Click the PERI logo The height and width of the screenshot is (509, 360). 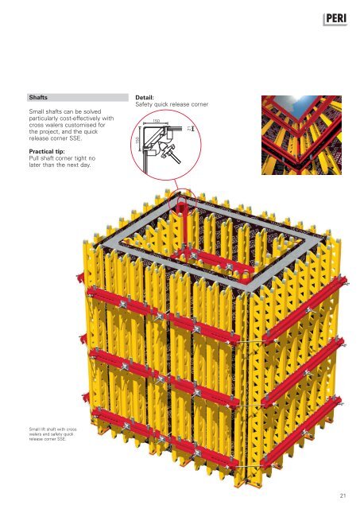pos(335,19)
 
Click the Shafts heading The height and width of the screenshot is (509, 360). pos(38,97)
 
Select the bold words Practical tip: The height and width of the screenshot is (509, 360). pos(47,152)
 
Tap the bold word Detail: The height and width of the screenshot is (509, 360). pos(145,97)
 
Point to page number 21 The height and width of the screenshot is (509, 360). pos(343,495)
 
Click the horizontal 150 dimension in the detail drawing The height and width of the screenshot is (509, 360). pos(156,122)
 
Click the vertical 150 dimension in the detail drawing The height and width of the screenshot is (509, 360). pos(137,140)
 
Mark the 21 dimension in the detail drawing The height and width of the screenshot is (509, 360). pos(189,128)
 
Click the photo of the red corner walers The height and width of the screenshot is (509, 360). pos(301,134)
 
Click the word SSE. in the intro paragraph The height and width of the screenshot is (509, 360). pos(75,138)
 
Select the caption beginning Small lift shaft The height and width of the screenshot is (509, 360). pos(53,434)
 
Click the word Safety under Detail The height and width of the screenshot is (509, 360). pos(144,104)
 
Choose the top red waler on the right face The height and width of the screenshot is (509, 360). pos(305,309)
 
